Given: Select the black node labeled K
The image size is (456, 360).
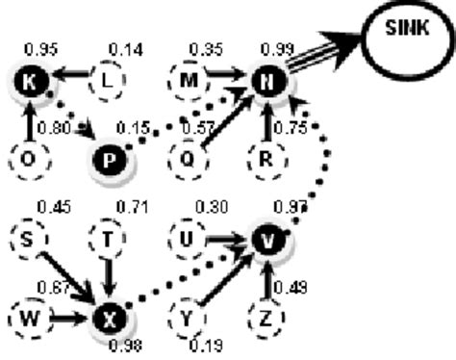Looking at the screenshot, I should pyautogui.click(x=29, y=85).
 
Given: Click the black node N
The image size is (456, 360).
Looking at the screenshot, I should pyautogui.click(x=268, y=85).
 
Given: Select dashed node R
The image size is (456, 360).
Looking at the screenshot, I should pyautogui.click(x=268, y=155).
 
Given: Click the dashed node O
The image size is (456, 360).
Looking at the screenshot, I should pyautogui.click(x=29, y=157).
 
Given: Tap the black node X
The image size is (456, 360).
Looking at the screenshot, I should pyautogui.click(x=108, y=315).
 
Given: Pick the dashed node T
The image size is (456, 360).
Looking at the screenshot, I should pyautogui.click(x=109, y=237).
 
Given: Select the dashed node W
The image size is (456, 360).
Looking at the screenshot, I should pyautogui.click(x=29, y=315).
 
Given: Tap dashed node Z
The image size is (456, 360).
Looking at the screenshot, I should pyautogui.click(x=267, y=313).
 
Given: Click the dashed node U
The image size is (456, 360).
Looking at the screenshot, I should pyautogui.click(x=189, y=238).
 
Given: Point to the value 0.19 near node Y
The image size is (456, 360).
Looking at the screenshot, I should pyautogui.click(x=204, y=345).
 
